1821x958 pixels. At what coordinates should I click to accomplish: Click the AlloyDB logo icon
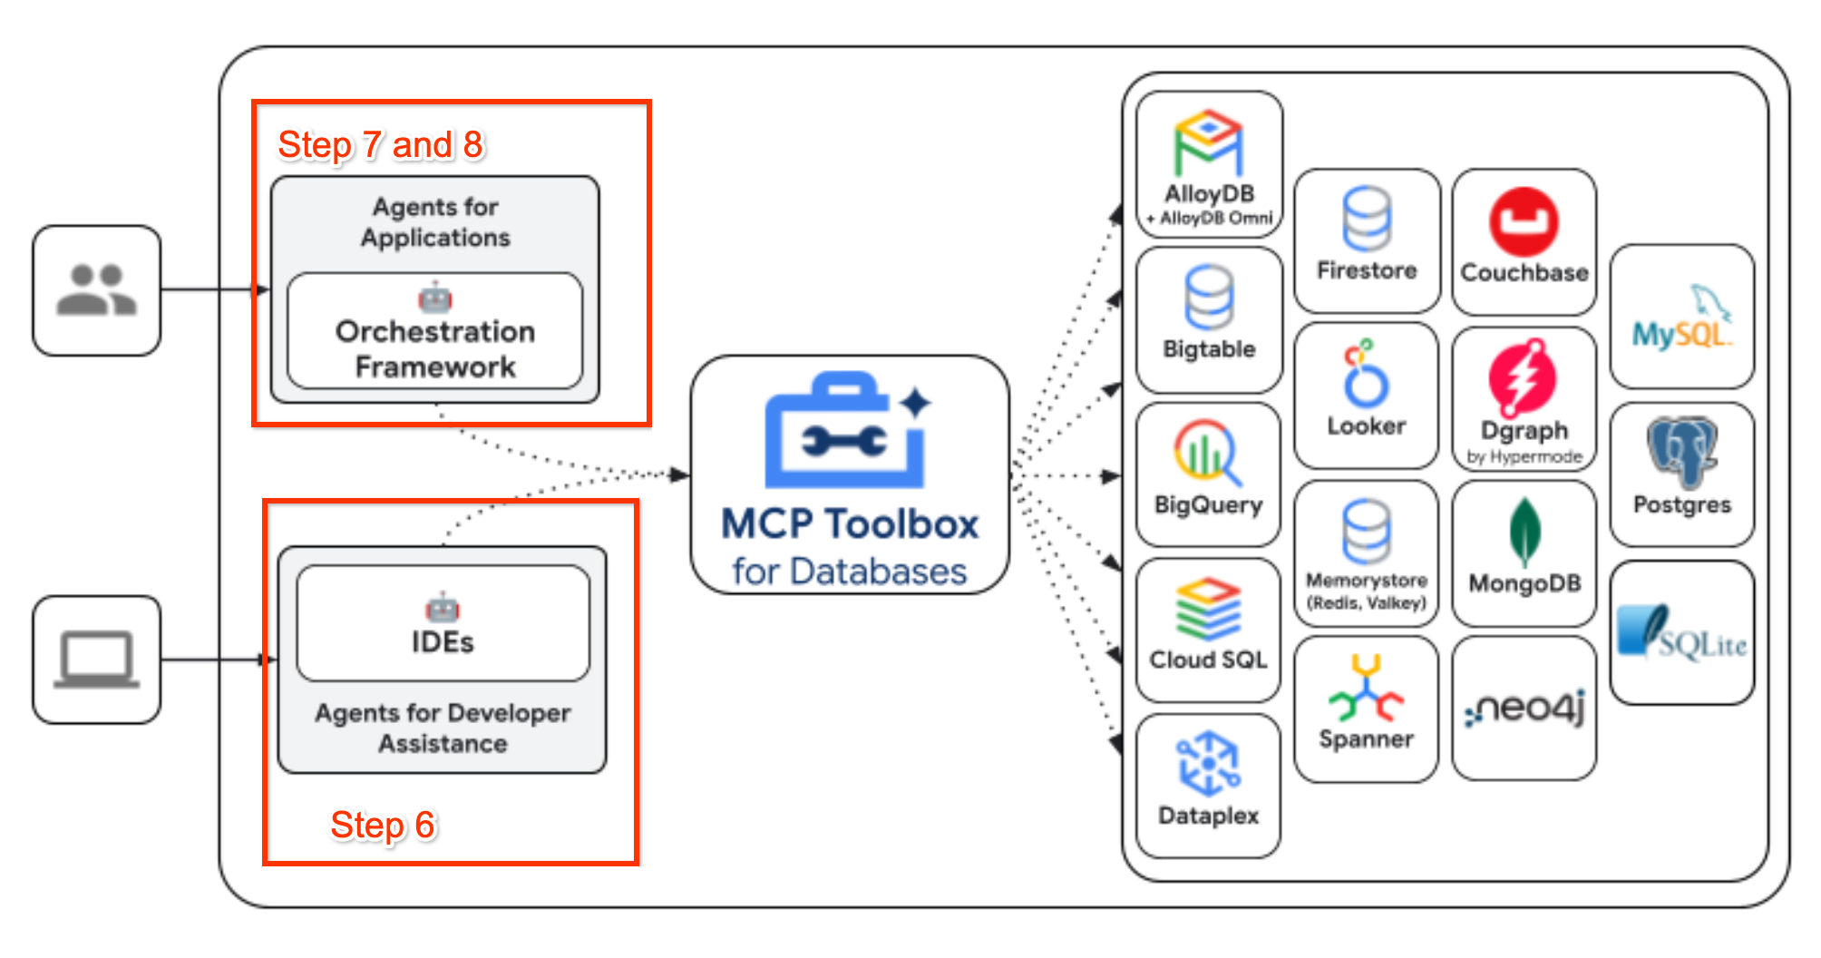(x=1209, y=143)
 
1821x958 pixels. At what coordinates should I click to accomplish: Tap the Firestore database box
(x=1367, y=241)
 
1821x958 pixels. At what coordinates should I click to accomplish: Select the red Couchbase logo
(x=1524, y=221)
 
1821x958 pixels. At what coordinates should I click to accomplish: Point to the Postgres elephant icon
(x=1682, y=452)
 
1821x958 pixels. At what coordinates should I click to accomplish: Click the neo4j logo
(x=1524, y=709)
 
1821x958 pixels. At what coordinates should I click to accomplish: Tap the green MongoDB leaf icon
(x=1524, y=533)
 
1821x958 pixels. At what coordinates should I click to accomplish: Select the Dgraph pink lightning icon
(x=1523, y=376)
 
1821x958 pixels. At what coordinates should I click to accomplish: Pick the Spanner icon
(x=1366, y=689)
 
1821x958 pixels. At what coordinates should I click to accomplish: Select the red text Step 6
(x=383, y=826)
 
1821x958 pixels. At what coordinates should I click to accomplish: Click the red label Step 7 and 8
(x=380, y=145)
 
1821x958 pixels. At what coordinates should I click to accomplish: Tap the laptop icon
(x=96, y=660)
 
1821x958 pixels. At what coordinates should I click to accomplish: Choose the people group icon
(x=96, y=290)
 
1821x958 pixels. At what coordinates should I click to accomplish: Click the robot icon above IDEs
(x=443, y=607)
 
